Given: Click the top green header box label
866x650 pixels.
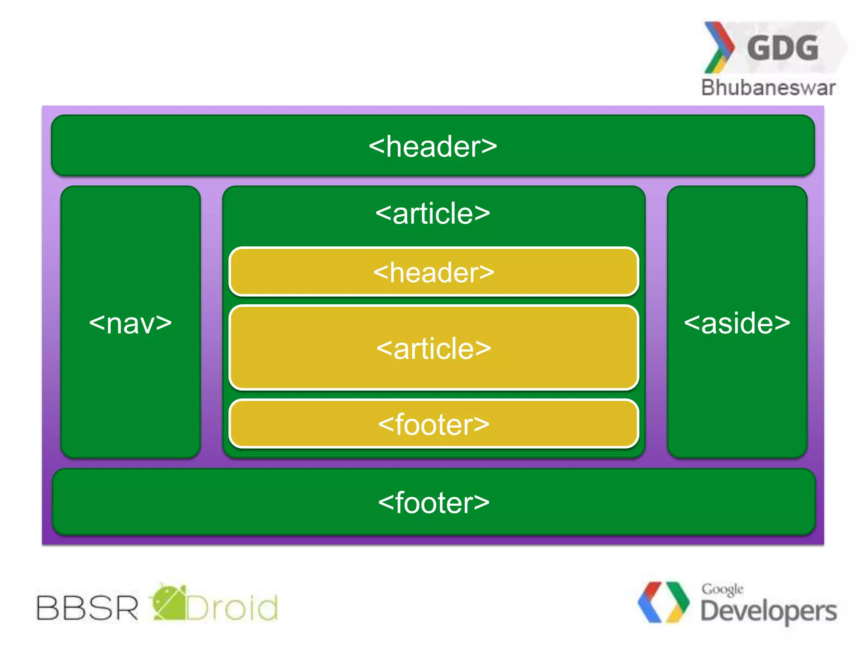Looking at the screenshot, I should pos(433,147).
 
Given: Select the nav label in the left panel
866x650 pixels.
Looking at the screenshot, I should pos(130,324).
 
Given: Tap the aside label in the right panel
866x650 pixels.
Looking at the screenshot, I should pos(737,324).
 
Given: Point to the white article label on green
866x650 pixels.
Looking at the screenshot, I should pos(433,213).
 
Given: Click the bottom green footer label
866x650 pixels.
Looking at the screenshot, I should pos(433,503).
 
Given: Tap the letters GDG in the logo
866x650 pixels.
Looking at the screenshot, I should pos(782,48).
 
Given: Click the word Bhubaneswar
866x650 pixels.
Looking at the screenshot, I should pos(768,88).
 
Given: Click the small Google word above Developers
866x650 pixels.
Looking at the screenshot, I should pos(722,589).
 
